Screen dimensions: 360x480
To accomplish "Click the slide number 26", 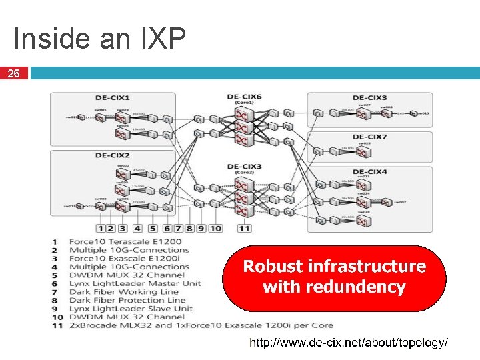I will (x=13, y=74).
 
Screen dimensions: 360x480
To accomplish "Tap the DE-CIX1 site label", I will (x=112, y=97).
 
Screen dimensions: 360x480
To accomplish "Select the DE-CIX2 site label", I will (x=112, y=155).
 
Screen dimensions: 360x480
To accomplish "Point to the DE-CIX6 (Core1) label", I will (x=244, y=99).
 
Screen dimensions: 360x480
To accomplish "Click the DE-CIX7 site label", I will (x=370, y=137).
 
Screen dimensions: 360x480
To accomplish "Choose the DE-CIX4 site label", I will (x=370, y=172).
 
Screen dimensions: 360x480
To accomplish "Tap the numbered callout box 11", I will (x=245, y=228).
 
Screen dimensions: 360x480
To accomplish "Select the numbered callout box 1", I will (x=100, y=228).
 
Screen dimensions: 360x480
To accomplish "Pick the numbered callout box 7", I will (x=177, y=228).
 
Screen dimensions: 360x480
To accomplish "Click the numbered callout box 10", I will (x=215, y=228).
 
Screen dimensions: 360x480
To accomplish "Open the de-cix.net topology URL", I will (x=348, y=343).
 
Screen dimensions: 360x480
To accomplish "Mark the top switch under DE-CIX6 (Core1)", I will (x=243, y=114).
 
